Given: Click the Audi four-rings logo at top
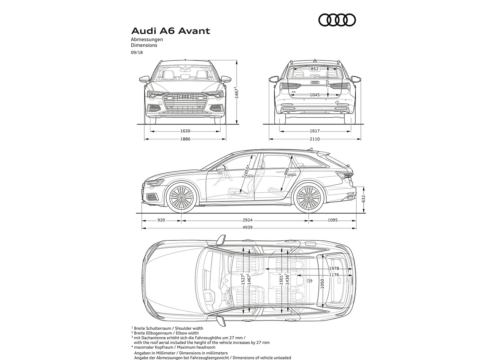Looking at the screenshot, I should [337, 20].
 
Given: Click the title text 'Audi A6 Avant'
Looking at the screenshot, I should [171, 31].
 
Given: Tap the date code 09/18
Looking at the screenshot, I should [137, 52].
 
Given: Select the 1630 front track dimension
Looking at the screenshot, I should [185, 131].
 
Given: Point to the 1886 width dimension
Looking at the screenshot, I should [185, 139].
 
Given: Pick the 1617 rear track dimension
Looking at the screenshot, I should [315, 131].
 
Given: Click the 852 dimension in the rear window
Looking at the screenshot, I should [315, 69].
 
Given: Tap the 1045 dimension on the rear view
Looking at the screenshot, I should [315, 95].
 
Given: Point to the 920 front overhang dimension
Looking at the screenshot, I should [161, 220].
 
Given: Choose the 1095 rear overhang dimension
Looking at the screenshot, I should [332, 220].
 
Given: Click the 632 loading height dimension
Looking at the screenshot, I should [364, 199].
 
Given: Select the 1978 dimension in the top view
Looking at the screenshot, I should [334, 268].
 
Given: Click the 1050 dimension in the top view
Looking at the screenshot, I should [322, 283].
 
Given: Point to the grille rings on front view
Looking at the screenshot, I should [185, 97].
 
